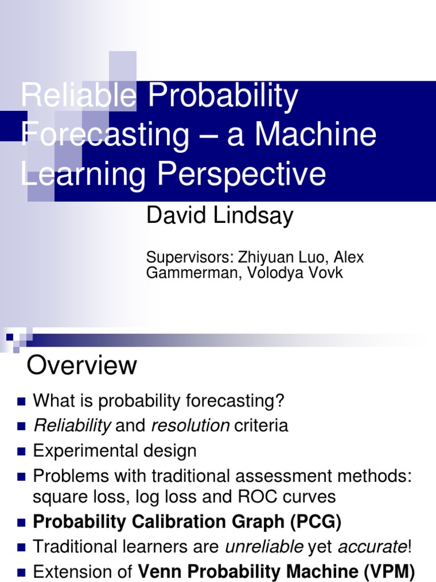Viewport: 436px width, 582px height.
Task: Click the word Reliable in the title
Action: click(78, 97)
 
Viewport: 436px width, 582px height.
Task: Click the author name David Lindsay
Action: click(220, 217)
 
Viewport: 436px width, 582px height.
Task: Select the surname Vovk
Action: click(325, 273)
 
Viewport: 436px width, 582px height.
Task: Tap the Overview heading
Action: click(82, 365)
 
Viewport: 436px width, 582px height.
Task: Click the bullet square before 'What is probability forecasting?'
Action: click(22, 402)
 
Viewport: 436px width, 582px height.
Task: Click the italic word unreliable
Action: click(263, 547)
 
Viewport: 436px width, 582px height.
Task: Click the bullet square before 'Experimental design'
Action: click(22, 452)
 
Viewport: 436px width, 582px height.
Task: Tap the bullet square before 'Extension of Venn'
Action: click(22, 572)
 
